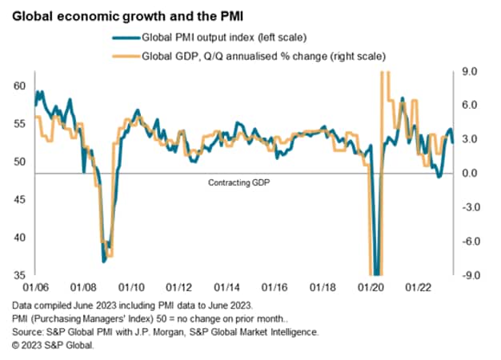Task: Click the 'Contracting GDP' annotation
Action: pos(239,182)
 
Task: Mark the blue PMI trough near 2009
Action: pos(104,261)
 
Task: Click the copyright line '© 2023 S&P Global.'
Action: pos(54,344)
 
